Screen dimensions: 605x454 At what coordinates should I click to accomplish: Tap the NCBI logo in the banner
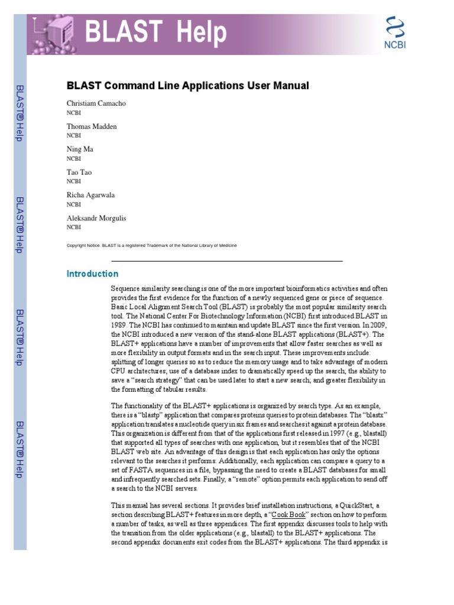tap(395, 34)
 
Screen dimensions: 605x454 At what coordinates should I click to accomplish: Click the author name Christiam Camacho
tap(96, 103)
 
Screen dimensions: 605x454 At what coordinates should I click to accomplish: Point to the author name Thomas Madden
tap(92, 126)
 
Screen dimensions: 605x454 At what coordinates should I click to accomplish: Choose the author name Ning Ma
tap(80, 149)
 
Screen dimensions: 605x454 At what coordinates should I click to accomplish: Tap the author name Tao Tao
tap(79, 173)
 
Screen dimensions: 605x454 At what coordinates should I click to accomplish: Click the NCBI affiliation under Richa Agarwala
tap(73, 204)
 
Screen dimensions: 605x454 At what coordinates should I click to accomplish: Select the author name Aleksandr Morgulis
tap(96, 218)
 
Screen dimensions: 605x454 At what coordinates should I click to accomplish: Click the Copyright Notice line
tap(152, 246)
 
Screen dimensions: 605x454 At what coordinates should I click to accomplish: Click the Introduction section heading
tap(92, 274)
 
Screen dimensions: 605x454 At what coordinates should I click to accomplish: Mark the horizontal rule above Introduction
tap(227, 261)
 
